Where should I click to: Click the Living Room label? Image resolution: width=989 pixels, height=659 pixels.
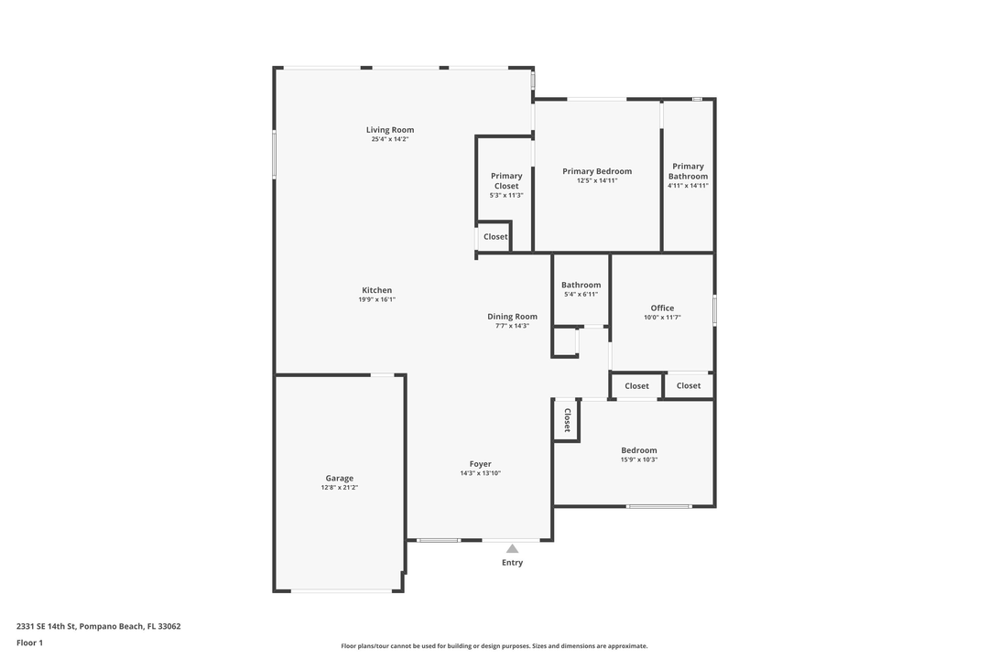click(390, 130)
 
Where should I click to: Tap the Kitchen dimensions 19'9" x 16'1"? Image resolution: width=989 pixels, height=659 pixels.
click(376, 299)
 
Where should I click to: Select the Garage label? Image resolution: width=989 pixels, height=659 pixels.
click(339, 478)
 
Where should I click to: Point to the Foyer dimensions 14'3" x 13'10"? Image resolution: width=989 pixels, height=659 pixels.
click(480, 473)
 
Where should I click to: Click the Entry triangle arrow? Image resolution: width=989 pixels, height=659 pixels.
click(512, 548)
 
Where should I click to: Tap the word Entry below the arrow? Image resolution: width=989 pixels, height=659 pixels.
click(512, 563)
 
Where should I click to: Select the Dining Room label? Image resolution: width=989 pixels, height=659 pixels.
click(512, 317)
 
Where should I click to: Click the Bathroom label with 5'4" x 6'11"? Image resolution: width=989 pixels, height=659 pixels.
click(581, 285)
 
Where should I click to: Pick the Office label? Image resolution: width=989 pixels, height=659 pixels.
click(662, 308)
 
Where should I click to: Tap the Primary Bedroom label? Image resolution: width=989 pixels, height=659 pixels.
click(597, 171)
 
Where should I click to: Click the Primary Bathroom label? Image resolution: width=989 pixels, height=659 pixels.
click(688, 171)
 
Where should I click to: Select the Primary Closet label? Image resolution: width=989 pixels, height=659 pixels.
click(506, 180)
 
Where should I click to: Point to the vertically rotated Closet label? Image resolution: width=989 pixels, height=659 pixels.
click(567, 421)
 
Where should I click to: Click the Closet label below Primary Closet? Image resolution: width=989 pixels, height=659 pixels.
click(495, 236)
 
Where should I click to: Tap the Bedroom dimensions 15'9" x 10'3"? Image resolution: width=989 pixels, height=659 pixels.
click(638, 459)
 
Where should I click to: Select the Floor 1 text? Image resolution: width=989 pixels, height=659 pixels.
click(29, 643)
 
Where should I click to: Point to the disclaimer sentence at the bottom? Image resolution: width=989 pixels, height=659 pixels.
click(494, 646)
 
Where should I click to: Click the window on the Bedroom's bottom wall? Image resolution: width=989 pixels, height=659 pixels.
click(658, 506)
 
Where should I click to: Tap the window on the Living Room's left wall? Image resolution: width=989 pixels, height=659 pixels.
click(275, 154)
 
